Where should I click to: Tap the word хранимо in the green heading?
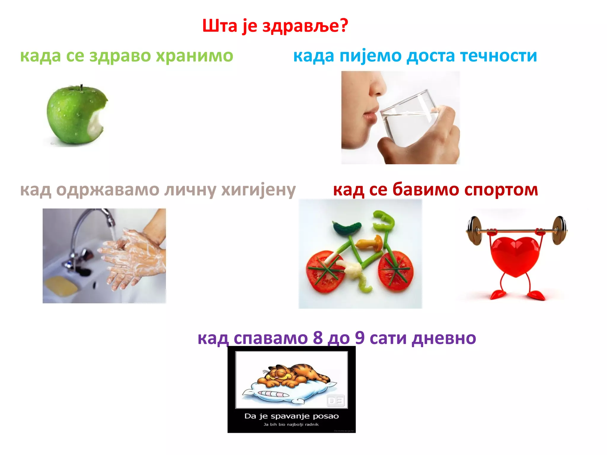(x=194, y=56)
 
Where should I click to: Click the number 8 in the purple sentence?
(x=318, y=338)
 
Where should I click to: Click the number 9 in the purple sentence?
(x=360, y=338)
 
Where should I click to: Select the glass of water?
(x=410, y=121)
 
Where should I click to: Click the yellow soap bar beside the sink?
(x=61, y=286)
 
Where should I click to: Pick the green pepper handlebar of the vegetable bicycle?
(x=384, y=221)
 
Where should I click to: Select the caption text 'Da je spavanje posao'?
(x=291, y=416)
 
